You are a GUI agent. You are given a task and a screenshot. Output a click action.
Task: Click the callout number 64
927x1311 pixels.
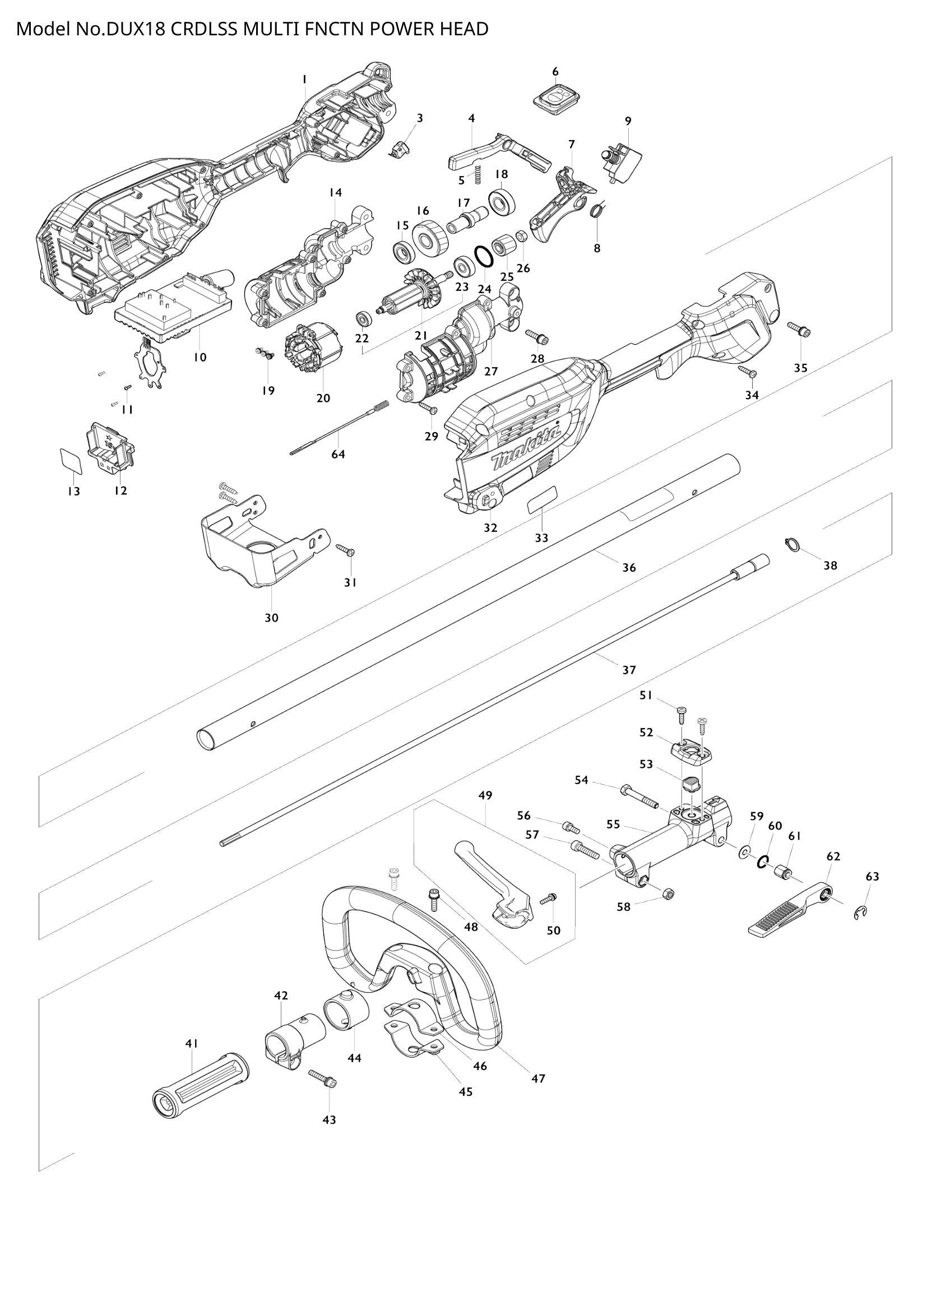click(x=338, y=455)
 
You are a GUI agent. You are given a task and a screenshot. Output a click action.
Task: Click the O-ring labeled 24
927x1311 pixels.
click(x=484, y=256)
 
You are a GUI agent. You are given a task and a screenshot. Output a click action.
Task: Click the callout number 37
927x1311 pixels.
click(x=628, y=670)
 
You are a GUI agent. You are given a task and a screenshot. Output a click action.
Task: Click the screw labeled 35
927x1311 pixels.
click(x=799, y=329)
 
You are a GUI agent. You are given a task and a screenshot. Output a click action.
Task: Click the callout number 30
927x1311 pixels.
click(x=271, y=618)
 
